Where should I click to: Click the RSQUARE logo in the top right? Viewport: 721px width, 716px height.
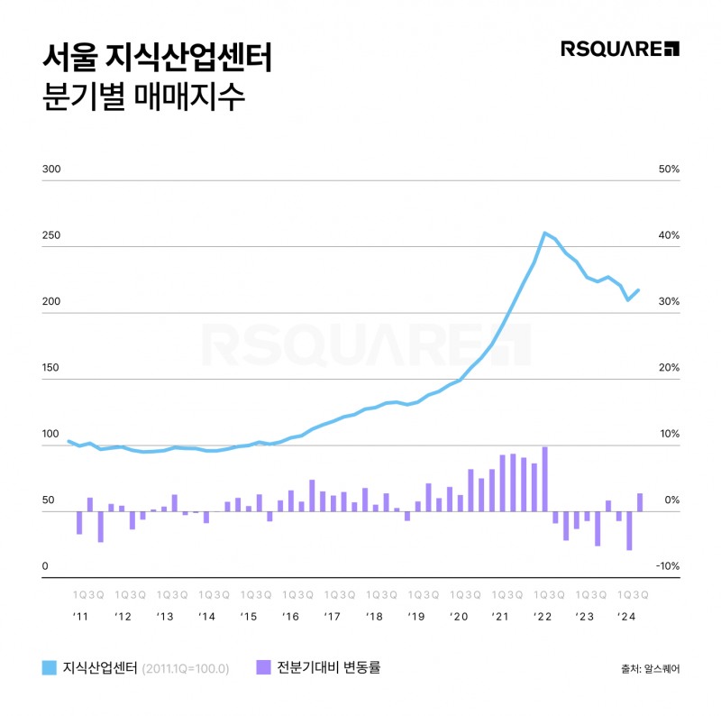point(620,49)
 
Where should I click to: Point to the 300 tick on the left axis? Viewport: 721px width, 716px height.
point(51,170)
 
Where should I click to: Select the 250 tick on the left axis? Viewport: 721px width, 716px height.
point(51,235)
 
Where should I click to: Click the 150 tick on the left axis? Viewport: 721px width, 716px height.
point(51,368)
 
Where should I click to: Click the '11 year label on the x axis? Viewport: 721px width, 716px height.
point(81,617)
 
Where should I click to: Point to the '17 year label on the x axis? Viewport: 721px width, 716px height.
point(333,617)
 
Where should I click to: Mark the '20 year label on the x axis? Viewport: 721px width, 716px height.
point(459,617)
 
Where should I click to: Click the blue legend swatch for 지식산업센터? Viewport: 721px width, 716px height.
point(50,668)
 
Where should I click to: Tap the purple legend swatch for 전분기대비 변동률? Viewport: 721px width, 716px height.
point(264,668)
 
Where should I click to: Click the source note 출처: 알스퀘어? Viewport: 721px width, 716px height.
point(651,669)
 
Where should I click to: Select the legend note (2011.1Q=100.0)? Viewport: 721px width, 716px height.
point(187,669)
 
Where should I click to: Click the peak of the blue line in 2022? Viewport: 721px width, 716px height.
point(544,233)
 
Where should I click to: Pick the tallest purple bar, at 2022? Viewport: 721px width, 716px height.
point(544,479)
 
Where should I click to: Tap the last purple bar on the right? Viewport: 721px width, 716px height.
point(640,502)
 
